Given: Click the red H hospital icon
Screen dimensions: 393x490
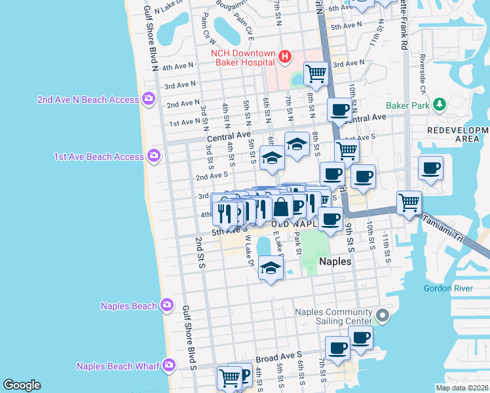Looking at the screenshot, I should click(x=284, y=57).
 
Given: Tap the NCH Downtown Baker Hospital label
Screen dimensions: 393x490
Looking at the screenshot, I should click(x=242, y=58).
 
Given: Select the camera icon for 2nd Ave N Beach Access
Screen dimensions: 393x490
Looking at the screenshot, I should click(x=149, y=99).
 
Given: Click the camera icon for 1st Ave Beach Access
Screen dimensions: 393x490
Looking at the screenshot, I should click(x=153, y=156).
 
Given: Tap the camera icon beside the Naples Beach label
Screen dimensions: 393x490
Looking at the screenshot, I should click(x=167, y=305).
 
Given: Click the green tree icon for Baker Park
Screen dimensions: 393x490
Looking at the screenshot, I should click(x=440, y=103).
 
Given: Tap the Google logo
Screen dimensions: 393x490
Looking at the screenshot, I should click(x=22, y=385).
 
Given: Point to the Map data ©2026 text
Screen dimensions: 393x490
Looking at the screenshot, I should click(x=461, y=388).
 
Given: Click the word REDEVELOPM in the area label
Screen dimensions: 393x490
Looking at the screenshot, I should click(x=458, y=130).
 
